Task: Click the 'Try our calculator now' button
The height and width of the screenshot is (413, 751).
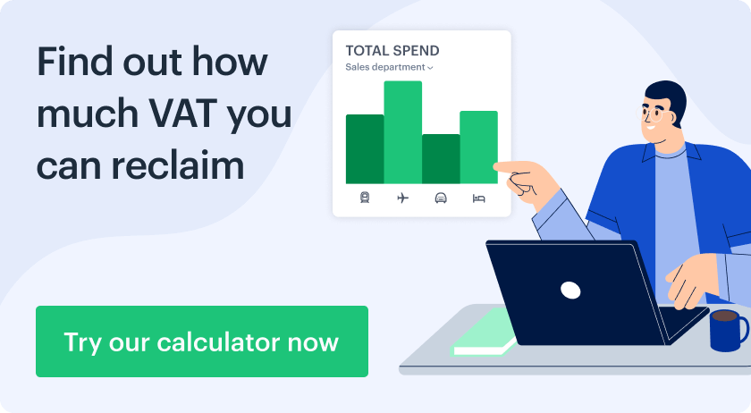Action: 202,341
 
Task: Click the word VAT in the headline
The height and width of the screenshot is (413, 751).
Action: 182,113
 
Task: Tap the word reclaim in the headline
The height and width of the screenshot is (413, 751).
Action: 178,165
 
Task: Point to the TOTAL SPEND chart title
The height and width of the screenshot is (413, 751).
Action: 392,51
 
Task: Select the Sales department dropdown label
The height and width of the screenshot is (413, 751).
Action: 385,67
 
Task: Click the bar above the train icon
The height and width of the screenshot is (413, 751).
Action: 365,149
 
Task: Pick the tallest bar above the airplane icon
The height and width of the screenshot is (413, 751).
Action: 403,132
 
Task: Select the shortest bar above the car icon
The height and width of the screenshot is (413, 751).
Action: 441,158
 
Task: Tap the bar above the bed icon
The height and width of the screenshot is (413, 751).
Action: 478,147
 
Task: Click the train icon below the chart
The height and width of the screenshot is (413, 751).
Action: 365,198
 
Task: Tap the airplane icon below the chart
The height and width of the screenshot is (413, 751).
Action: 403,198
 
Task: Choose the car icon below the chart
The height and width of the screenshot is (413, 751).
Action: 441,198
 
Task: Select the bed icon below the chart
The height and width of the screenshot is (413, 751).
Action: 478,198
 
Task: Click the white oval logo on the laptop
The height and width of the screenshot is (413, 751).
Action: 570,290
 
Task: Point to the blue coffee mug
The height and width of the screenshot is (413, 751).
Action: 727,330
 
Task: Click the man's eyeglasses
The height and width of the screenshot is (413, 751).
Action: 651,114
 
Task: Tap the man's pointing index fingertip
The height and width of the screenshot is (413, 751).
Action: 496,167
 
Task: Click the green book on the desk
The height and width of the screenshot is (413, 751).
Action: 485,333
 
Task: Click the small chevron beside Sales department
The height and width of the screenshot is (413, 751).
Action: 430,68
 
